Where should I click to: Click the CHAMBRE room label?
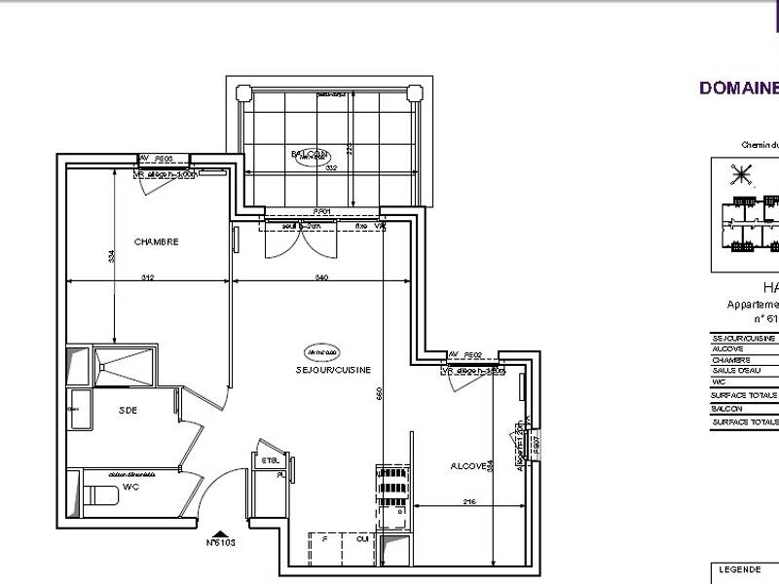[156, 242]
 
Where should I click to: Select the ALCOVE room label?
[468, 467]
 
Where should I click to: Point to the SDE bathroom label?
[128, 410]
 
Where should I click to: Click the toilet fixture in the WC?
[100, 494]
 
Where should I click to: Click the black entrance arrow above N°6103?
[221, 532]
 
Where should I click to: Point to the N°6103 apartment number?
[221, 543]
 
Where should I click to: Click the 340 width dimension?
[321, 278]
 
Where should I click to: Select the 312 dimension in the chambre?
[148, 278]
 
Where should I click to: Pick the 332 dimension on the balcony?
[331, 168]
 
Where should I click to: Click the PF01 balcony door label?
[321, 211]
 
